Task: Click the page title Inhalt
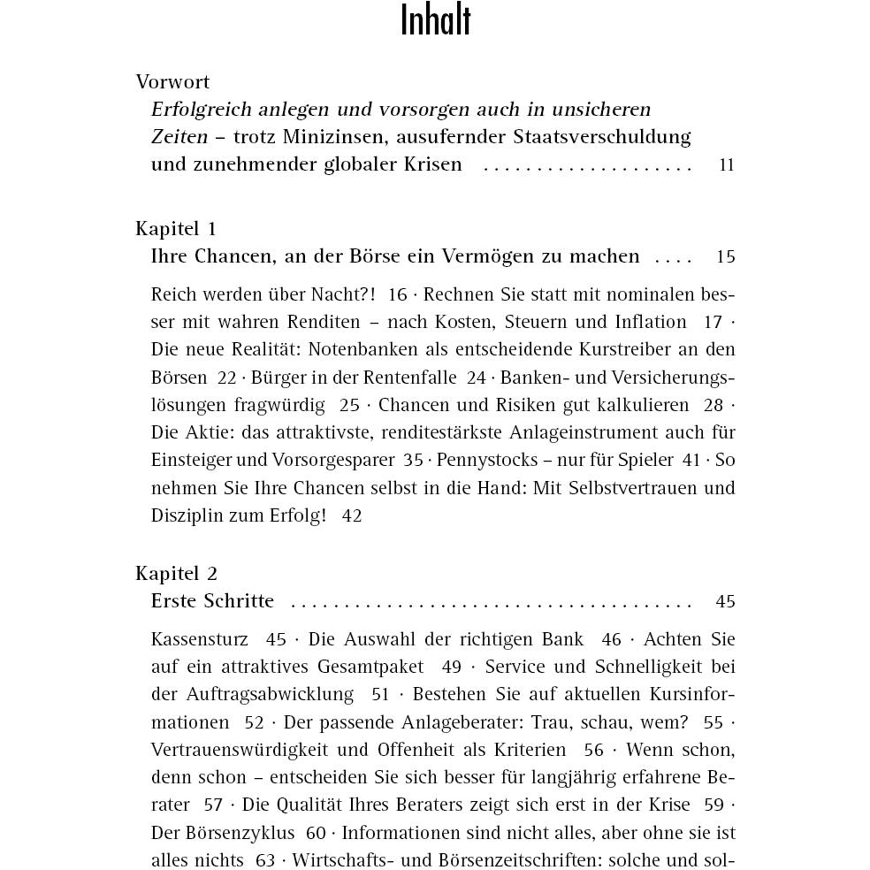[x=435, y=21]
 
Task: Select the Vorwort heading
[x=172, y=82]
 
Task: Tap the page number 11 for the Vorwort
[x=727, y=165]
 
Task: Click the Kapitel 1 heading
[x=176, y=229]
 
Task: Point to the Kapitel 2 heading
[x=176, y=574]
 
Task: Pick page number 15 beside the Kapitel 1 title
[x=725, y=257]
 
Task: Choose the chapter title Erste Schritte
[x=212, y=601]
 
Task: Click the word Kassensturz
[x=199, y=639]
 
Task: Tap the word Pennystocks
[x=484, y=460]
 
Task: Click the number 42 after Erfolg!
[x=351, y=515]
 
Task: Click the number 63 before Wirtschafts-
[x=264, y=860]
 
